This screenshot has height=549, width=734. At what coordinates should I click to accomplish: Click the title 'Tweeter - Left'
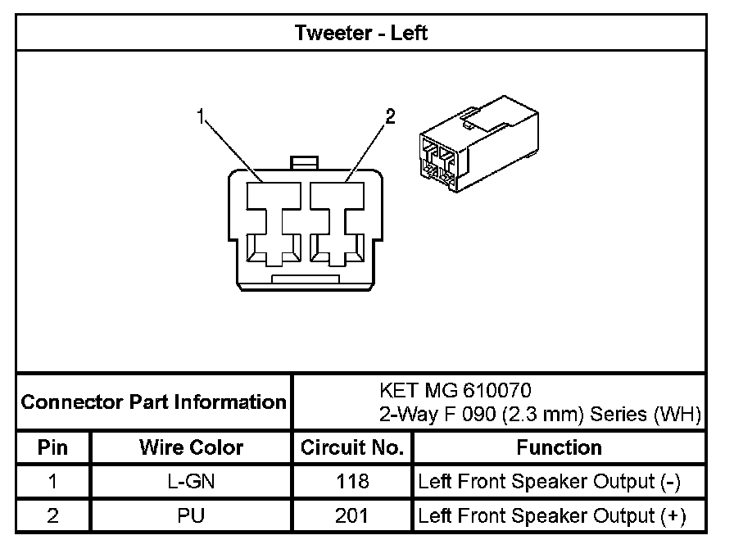(360, 34)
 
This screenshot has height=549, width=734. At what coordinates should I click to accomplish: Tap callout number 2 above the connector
(390, 117)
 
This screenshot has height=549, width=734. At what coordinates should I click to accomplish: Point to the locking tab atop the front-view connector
(304, 163)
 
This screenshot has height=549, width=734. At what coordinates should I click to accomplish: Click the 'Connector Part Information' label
(153, 402)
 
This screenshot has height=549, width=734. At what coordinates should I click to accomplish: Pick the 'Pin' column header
(52, 447)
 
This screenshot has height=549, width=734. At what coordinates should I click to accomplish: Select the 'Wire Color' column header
(191, 447)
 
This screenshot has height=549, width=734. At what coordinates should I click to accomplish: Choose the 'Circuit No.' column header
(352, 447)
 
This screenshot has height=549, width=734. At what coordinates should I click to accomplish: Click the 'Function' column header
(559, 447)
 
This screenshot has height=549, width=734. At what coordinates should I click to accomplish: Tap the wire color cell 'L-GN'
(191, 482)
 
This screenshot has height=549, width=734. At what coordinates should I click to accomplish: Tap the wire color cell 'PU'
(191, 516)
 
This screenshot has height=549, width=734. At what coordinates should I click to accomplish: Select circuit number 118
(352, 482)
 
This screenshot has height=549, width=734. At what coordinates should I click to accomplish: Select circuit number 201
(352, 516)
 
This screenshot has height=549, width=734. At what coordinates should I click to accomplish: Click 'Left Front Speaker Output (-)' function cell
(549, 482)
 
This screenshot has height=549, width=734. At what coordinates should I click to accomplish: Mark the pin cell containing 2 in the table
(52, 516)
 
